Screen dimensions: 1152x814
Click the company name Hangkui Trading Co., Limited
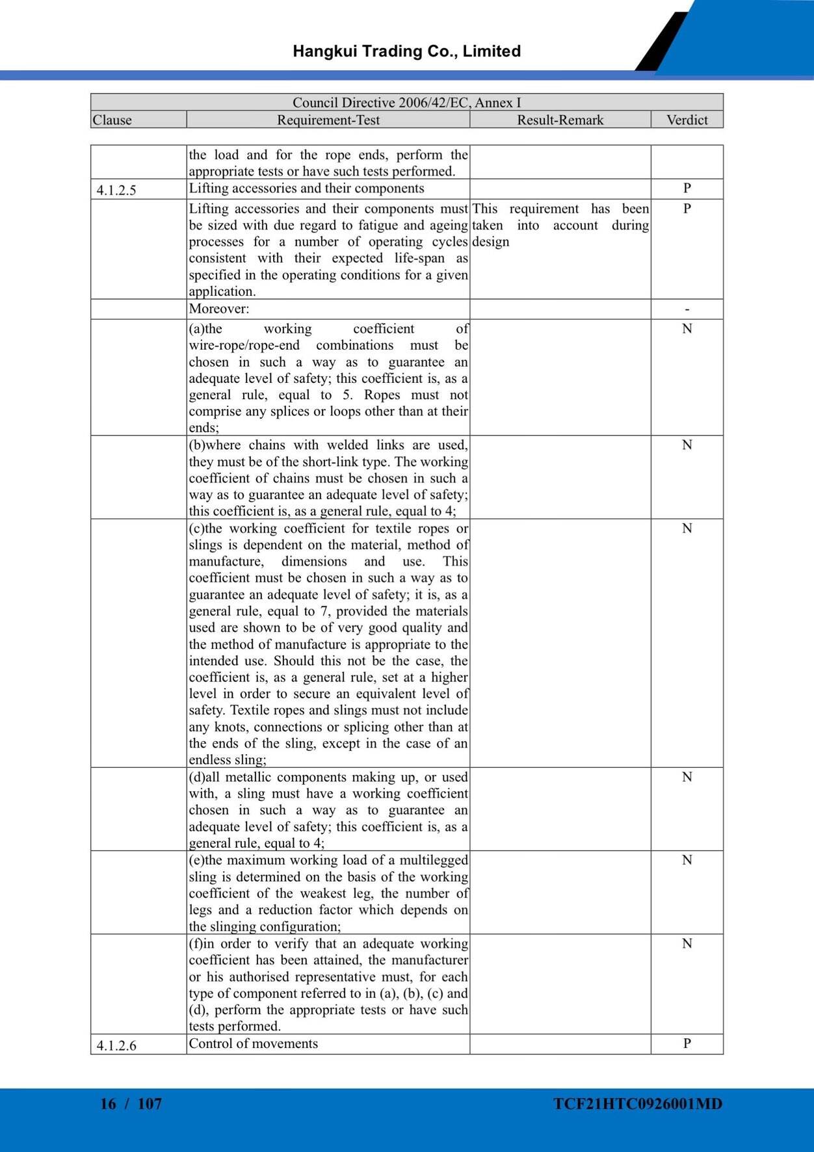point(406,51)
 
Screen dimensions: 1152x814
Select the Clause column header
point(112,120)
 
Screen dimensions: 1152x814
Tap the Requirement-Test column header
point(328,120)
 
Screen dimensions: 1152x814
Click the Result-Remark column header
point(560,120)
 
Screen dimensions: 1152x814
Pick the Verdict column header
point(687,120)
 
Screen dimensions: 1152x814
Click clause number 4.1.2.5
point(116,190)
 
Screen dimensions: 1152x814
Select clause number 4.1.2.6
point(116,1045)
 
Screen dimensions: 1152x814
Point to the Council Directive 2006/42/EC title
point(406,103)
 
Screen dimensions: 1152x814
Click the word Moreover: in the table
point(219,309)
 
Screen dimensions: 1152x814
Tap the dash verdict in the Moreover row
point(687,310)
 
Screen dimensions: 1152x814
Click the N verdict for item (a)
point(687,329)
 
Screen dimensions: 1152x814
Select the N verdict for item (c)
point(687,529)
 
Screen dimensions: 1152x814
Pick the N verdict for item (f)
point(687,944)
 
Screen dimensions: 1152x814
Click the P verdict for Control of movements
point(687,1043)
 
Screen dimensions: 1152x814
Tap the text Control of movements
point(254,1043)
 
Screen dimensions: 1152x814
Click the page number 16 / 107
point(131,1103)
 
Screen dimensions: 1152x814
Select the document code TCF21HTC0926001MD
point(638,1104)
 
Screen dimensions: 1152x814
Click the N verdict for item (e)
point(687,861)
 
